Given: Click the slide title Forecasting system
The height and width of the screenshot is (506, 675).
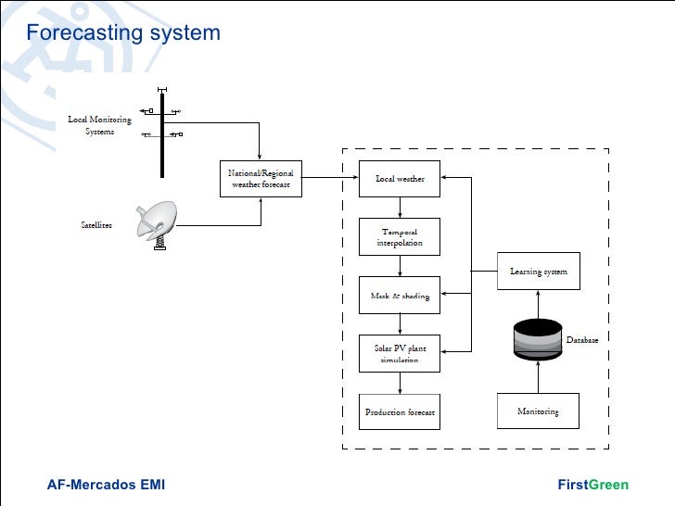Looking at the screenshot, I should pyautogui.click(x=123, y=33).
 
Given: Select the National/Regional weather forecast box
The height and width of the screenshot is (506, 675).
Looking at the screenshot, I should pyautogui.click(x=261, y=179).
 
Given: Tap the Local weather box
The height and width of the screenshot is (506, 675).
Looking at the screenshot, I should pyautogui.click(x=400, y=179).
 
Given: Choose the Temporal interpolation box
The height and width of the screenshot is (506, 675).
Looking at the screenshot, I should pyautogui.click(x=400, y=237).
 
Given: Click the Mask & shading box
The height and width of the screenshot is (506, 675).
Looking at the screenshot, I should pyautogui.click(x=400, y=296).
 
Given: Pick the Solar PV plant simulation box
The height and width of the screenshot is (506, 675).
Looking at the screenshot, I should pyautogui.click(x=400, y=354).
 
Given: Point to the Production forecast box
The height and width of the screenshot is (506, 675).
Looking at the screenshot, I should pyautogui.click(x=400, y=411).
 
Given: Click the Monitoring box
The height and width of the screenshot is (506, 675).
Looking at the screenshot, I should pyautogui.click(x=539, y=411).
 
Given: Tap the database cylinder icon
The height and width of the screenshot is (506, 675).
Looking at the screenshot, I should pyautogui.click(x=539, y=339).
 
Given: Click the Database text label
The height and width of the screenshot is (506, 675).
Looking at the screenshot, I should pyautogui.click(x=582, y=340).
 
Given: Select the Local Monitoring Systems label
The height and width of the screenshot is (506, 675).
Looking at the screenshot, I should pyautogui.click(x=100, y=125).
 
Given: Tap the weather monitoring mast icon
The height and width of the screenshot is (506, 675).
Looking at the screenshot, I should pyautogui.click(x=162, y=130).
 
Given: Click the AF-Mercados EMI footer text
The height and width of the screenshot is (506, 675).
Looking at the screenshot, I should pyautogui.click(x=106, y=485).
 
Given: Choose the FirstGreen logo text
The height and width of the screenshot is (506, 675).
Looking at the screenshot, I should pyautogui.click(x=592, y=485).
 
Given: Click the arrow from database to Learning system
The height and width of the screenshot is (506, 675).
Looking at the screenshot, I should pyautogui.click(x=539, y=304).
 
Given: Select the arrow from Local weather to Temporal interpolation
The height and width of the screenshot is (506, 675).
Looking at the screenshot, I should pyautogui.click(x=400, y=208).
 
